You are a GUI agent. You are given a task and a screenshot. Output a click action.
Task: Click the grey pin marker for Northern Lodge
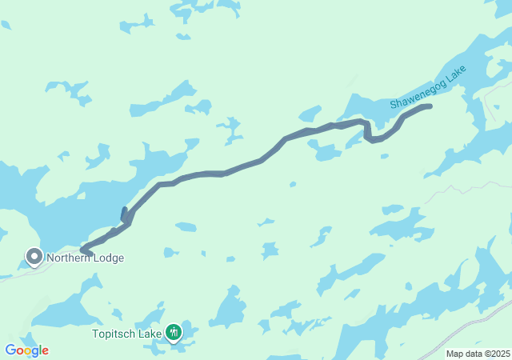click(x=34, y=257)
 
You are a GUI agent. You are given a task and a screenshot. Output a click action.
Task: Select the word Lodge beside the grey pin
click(x=108, y=258)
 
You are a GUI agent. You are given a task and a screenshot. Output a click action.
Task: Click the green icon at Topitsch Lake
click(x=174, y=332)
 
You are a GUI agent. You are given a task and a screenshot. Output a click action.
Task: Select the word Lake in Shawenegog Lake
click(x=456, y=76)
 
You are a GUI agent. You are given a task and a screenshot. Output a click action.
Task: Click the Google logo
click(x=26, y=350)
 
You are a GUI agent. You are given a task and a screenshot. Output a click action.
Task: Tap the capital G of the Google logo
click(x=10, y=350)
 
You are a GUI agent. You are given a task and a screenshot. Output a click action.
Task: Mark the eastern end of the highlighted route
click(x=430, y=106)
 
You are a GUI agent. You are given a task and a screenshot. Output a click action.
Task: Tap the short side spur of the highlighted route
click(x=123, y=214)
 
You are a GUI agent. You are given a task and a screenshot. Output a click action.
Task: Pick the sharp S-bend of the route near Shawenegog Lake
click(x=368, y=132)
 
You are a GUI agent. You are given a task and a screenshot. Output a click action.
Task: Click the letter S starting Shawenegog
click(x=394, y=105)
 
